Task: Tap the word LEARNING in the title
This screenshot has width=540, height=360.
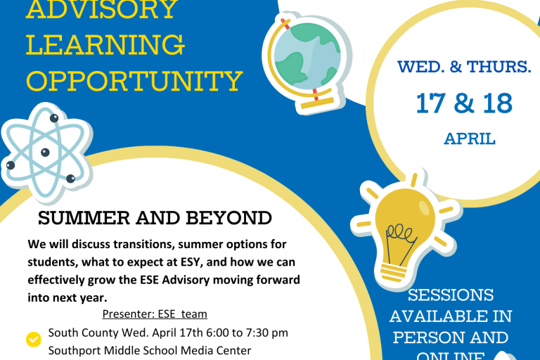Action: tap(106, 45)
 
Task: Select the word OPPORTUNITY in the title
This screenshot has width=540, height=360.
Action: tap(134, 81)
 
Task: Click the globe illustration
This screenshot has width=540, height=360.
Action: tap(307, 60)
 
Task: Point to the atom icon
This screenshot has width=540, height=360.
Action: tap(44, 151)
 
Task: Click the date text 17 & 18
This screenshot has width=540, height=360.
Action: tap(464, 103)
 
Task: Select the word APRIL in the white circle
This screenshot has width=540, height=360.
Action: tap(470, 139)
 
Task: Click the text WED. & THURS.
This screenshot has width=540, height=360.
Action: tap(464, 67)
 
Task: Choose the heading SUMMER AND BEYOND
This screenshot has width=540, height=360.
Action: tap(155, 218)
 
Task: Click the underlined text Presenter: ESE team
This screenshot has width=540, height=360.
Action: tap(155, 314)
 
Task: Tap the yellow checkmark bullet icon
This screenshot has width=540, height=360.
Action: tap(33, 340)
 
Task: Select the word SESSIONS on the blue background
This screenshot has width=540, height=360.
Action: tap(451, 295)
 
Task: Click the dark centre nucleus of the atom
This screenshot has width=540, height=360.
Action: tap(45, 152)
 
